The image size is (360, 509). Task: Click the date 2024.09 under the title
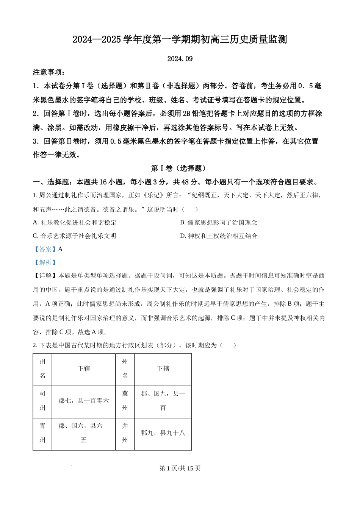pyautogui.click(x=180, y=59)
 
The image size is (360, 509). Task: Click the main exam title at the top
pyautogui.click(x=180, y=39)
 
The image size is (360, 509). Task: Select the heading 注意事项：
pyautogui.click(x=49, y=72)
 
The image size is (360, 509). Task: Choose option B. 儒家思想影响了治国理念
pyautogui.click(x=219, y=223)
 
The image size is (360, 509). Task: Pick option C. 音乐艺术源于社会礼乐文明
pyautogui.click(x=75, y=236)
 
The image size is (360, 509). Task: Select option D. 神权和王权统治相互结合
pyautogui.click(x=219, y=236)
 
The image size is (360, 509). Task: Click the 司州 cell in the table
pyautogui.click(x=42, y=401)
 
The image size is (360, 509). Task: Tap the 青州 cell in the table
pyautogui.click(x=42, y=433)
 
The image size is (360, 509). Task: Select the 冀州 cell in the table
pyautogui.click(x=125, y=401)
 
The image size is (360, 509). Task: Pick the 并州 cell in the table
pyautogui.click(x=125, y=433)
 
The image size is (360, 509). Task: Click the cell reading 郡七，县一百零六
pyautogui.click(x=84, y=401)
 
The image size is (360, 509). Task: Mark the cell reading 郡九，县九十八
pyautogui.click(x=163, y=433)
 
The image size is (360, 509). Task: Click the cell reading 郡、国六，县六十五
pyautogui.click(x=84, y=433)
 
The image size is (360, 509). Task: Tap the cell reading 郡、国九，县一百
pyautogui.click(x=163, y=401)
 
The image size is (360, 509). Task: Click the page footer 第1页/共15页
pyautogui.click(x=180, y=468)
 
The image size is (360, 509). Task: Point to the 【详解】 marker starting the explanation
pyautogui.click(x=45, y=276)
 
